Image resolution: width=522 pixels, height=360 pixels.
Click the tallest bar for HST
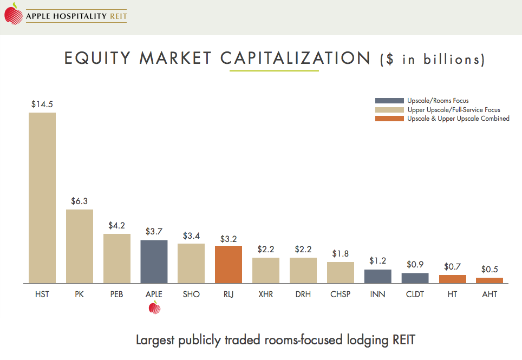pyautogui.click(x=42, y=198)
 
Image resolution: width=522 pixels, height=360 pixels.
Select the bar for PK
pyautogui.click(x=80, y=246)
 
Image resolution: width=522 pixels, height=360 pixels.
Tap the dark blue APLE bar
pyautogui.click(x=154, y=261)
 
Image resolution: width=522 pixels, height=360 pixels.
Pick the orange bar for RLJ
pyautogui.click(x=229, y=264)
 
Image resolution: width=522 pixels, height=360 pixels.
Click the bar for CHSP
pyautogui.click(x=341, y=272)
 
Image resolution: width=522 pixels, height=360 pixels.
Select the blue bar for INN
pyautogui.click(x=377, y=276)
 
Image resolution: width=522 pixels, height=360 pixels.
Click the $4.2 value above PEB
pyautogui.click(x=117, y=225)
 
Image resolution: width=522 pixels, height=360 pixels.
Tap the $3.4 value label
pyautogui.click(x=191, y=235)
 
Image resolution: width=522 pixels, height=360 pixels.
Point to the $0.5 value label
pyautogui.click(x=490, y=269)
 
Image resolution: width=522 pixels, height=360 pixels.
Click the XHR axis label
pyautogui.click(x=266, y=294)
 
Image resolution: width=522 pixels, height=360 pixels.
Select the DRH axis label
pyautogui.click(x=303, y=294)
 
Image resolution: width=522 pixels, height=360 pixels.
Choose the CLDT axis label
pyautogui.click(x=415, y=294)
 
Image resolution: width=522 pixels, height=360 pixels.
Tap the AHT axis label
pyautogui.click(x=490, y=294)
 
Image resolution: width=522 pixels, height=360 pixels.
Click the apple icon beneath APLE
pyautogui.click(x=154, y=309)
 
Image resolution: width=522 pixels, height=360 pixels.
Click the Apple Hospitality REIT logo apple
pyautogui.click(x=12, y=15)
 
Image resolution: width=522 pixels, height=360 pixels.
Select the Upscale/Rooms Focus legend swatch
pyautogui.click(x=389, y=101)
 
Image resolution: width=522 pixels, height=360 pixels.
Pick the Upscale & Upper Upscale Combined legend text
pyautogui.click(x=458, y=119)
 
